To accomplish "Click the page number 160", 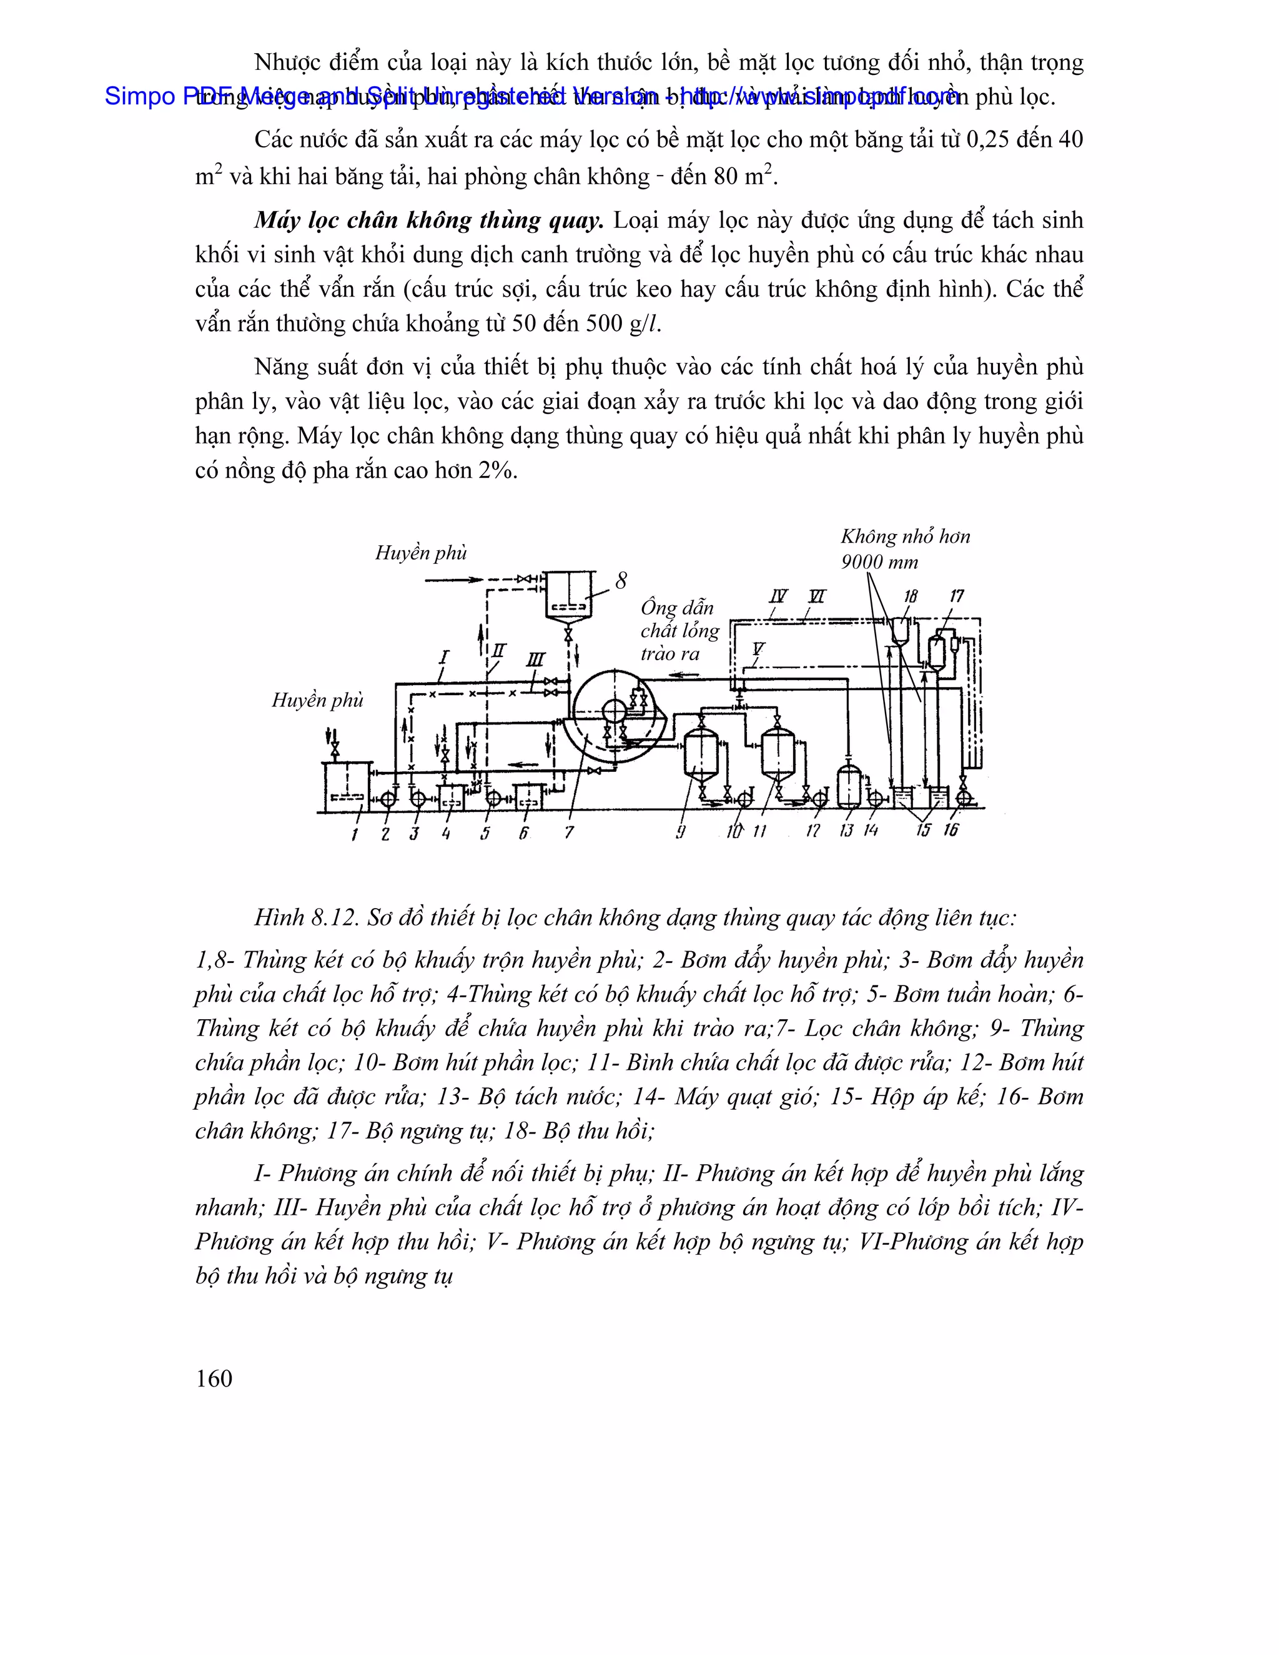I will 214,1378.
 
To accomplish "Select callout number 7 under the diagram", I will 569,832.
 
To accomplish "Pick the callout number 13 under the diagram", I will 846,831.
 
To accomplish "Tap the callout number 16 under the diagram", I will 951,830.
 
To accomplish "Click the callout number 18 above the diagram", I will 911,596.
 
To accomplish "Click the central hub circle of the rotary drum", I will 613,711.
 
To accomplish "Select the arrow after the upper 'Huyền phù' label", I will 455,580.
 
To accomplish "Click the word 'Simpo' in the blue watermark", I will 140,96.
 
